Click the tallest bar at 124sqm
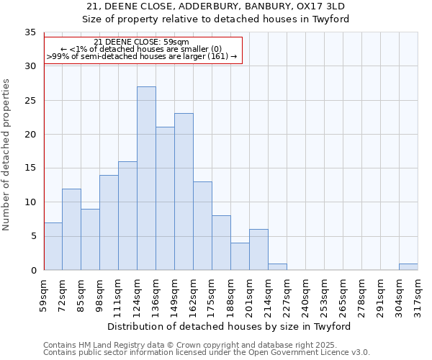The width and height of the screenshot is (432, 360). click(146, 178)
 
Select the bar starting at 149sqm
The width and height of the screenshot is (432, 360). click(184, 192)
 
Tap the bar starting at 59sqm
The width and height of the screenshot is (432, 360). click(53, 246)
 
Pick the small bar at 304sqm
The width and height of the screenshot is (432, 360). click(408, 266)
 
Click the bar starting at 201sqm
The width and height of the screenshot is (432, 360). click(258, 250)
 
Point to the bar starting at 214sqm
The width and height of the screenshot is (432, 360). click(277, 266)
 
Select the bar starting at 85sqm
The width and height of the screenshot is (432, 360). click(90, 239)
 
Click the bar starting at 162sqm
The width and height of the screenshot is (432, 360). click(202, 225)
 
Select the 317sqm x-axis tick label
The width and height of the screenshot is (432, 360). click(418, 295)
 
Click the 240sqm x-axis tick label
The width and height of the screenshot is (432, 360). click(305, 295)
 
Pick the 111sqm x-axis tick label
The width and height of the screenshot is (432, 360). click(118, 295)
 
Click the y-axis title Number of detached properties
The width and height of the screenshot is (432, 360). click(6, 155)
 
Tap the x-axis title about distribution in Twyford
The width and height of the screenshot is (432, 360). click(230, 326)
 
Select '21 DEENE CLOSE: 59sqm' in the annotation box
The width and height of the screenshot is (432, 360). click(142, 42)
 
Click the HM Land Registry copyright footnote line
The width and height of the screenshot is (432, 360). click(205, 345)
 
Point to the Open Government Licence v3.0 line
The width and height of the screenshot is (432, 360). click(207, 352)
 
